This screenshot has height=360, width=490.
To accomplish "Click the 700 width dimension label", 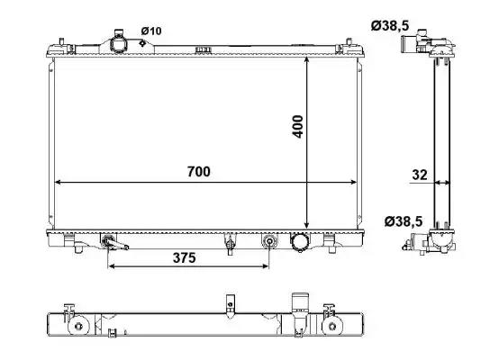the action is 199,172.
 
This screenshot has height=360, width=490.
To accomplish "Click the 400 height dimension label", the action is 298,127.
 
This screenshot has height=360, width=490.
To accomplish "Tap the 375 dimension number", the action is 184,258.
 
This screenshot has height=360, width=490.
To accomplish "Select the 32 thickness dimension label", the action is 420,175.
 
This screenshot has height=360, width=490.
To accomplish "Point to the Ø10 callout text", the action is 151,31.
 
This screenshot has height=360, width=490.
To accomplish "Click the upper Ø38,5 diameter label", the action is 390,25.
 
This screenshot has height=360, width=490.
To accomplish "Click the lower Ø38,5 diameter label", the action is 404,221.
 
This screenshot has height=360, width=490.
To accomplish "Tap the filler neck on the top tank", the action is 118,43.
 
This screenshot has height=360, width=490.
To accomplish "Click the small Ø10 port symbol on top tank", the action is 142,43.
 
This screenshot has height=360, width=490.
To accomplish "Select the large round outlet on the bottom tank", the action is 300,242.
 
